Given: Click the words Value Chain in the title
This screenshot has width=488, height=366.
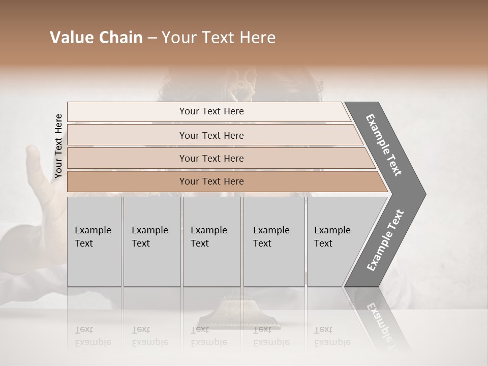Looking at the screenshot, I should (x=96, y=38).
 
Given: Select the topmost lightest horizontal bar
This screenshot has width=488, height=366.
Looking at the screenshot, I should (x=211, y=111).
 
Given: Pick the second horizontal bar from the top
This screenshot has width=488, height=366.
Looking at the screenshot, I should (x=211, y=135).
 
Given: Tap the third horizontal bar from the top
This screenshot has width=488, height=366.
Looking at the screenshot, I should (x=211, y=158).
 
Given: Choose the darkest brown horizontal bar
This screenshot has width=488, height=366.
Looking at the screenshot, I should (x=211, y=181).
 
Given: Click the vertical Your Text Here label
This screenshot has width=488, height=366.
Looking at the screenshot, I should (x=58, y=146).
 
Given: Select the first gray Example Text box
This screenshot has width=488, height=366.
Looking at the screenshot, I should (x=94, y=241).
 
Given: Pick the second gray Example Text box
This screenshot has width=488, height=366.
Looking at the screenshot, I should (x=151, y=241).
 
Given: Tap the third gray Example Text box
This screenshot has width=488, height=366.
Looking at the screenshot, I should (x=211, y=241).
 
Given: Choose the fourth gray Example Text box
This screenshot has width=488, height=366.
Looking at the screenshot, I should (x=273, y=241).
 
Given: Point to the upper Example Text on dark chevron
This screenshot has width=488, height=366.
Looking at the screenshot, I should (x=384, y=145).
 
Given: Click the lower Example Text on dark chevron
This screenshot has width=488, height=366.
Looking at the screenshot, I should (x=385, y=240).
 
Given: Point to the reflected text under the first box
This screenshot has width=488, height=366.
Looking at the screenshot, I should (x=93, y=336).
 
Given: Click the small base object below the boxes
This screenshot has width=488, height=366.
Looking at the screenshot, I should (x=239, y=318).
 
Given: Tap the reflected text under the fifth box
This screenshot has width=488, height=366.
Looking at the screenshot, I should (x=332, y=336).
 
